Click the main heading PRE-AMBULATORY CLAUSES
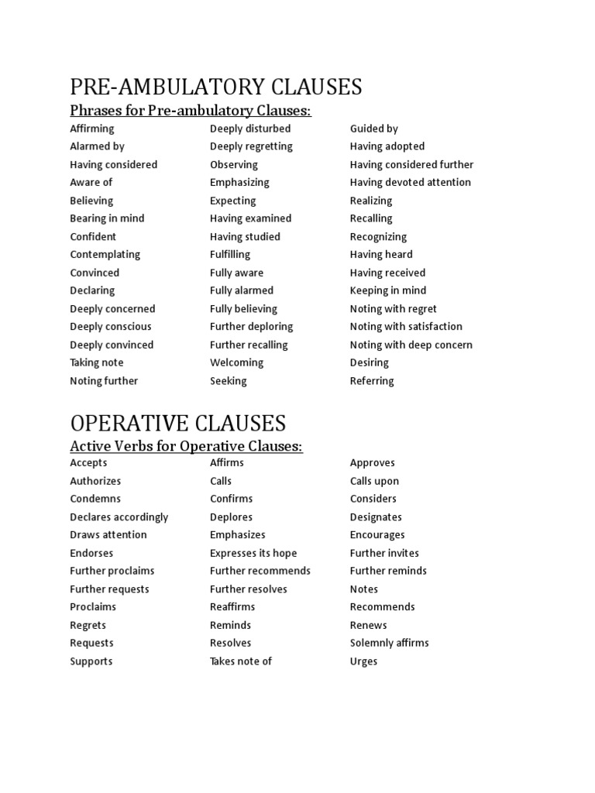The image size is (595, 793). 216,86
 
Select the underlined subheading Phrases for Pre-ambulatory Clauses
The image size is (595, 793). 190,111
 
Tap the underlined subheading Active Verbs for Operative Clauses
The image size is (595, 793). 186,446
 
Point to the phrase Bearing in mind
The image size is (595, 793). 107,218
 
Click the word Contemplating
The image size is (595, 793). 105,255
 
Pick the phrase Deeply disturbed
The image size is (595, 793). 250,129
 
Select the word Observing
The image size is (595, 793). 234,164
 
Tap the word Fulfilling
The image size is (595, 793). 230,255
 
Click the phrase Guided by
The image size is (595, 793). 374,129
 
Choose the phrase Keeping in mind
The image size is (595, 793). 388,290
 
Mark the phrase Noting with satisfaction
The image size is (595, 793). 406,327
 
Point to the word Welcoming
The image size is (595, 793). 236,362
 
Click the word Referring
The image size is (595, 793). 372,381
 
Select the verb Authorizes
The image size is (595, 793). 95,481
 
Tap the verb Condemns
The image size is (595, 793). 95,499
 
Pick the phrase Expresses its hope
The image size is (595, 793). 253,553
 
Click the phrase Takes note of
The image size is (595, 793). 241,661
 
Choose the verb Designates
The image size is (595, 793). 376,517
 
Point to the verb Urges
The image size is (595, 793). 363,661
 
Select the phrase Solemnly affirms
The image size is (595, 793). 389,643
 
